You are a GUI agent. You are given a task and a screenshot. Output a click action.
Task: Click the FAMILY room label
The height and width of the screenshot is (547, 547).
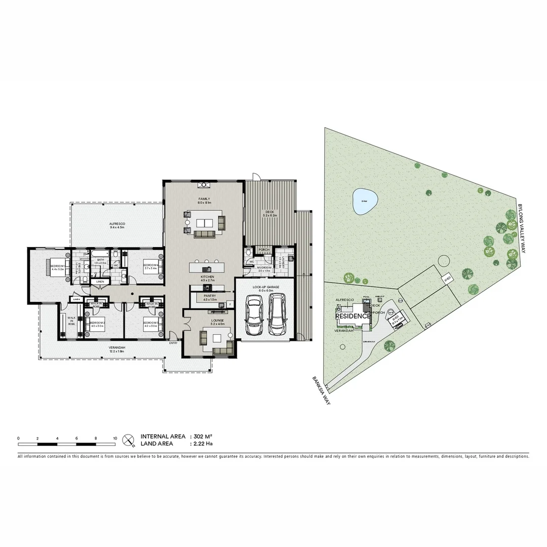204,199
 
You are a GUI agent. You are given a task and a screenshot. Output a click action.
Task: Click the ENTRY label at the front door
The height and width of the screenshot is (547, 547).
174,343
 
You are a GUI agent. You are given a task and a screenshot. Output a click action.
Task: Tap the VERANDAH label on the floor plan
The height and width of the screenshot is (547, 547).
116,348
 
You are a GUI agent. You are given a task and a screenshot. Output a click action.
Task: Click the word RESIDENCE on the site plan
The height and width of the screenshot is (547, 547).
353,316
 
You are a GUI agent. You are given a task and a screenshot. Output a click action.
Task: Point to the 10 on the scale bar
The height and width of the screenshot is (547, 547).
115,439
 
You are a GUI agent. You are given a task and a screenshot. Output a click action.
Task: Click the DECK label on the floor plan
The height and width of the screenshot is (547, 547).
268,212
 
